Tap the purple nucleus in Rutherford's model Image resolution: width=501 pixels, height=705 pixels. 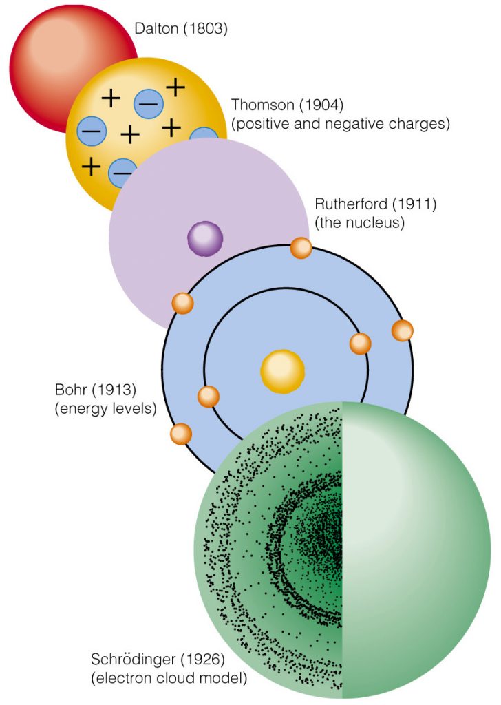click(205, 239)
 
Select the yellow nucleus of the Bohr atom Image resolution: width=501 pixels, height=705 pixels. click(282, 372)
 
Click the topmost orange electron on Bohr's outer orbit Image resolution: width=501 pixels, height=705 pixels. click(301, 248)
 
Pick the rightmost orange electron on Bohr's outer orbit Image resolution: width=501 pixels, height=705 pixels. click(403, 330)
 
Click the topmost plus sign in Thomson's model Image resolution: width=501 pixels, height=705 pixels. click(175, 87)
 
